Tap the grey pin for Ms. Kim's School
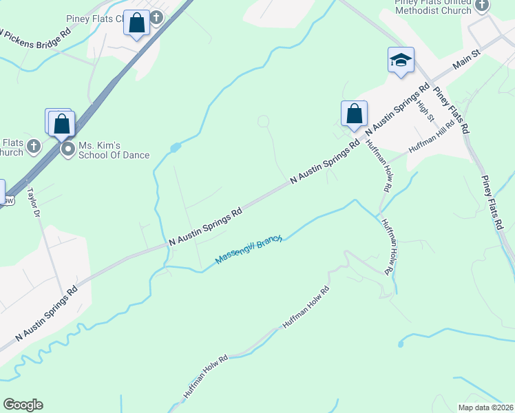coord(67,149)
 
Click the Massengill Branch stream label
coord(249,250)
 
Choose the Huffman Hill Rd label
coord(432,138)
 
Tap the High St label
coord(425,109)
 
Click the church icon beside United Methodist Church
coord(482,6)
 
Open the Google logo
coord(23,405)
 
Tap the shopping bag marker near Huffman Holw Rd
coord(354,114)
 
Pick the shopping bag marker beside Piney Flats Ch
coord(137,23)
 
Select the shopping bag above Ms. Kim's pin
coord(61,123)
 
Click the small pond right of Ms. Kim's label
coord(175,147)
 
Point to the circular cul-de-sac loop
coord(262,122)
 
